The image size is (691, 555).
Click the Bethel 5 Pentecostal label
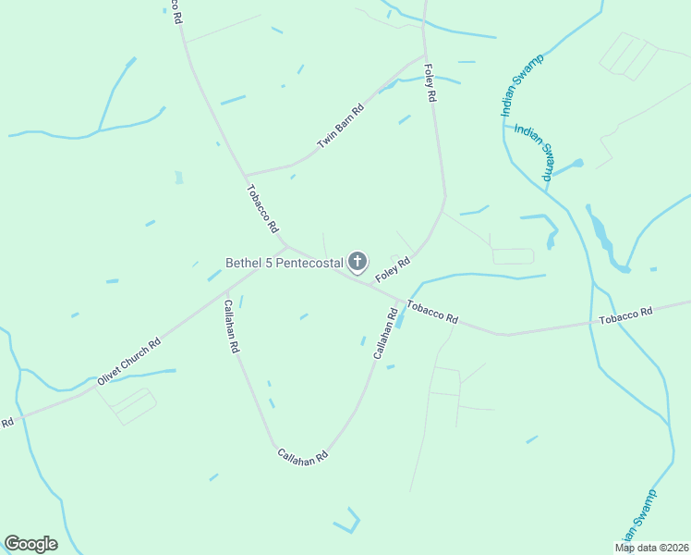click(x=285, y=263)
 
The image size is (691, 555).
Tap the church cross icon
click(x=358, y=262)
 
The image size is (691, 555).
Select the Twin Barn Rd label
click(x=341, y=127)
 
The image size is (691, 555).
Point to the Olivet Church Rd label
click(x=129, y=362)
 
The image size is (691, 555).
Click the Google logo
click(x=30, y=544)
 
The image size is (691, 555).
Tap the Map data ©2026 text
click(x=650, y=548)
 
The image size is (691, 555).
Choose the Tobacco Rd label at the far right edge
click(x=625, y=315)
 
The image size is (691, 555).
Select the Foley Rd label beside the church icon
click(x=392, y=269)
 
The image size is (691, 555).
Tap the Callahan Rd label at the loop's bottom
click(x=303, y=456)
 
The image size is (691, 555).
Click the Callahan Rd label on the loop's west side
click(x=230, y=326)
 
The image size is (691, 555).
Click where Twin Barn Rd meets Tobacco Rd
click(x=246, y=175)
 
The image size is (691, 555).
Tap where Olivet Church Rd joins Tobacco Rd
click(x=285, y=246)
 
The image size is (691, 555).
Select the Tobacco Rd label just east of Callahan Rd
click(x=432, y=312)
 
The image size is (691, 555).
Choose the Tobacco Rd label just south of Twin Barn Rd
click(x=262, y=208)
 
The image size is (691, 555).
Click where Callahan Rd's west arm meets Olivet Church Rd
click(x=225, y=293)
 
